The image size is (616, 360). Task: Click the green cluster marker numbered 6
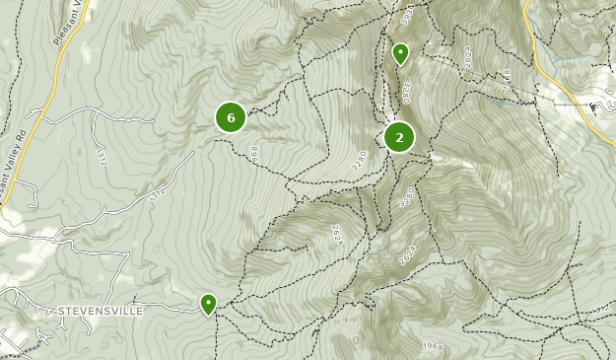click(x=231, y=118)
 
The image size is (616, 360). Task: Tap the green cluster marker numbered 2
click(x=399, y=138)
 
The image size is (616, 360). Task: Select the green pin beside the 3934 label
click(x=400, y=53)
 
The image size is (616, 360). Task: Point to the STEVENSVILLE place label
click(x=100, y=311)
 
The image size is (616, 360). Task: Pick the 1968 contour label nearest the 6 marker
click(x=254, y=154)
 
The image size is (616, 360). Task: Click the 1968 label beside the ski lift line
click(x=506, y=78)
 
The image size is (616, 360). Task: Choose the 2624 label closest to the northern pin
click(x=468, y=57)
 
